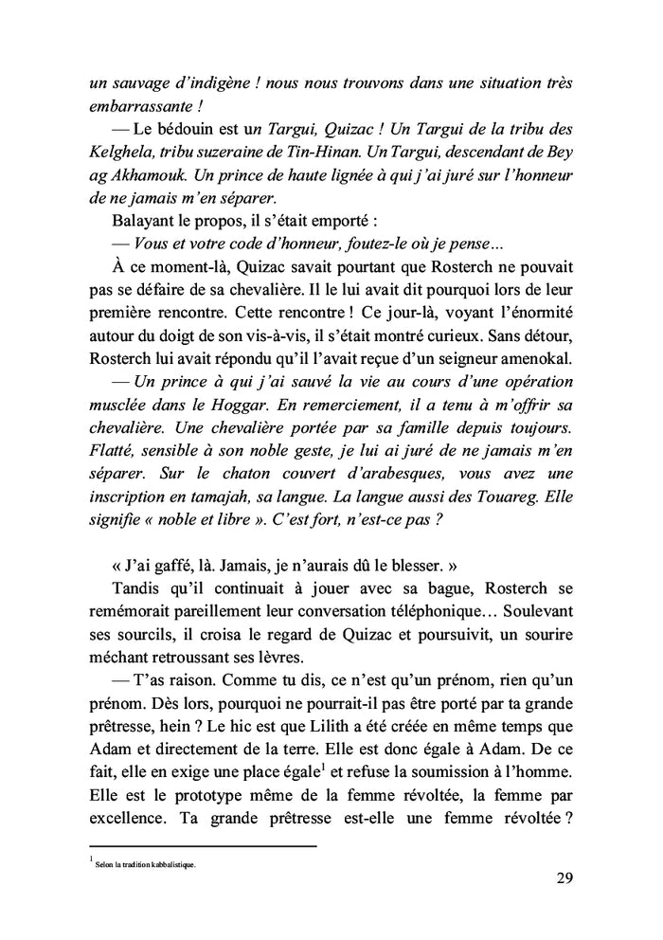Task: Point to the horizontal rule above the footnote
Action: pyautogui.click(x=202, y=846)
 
